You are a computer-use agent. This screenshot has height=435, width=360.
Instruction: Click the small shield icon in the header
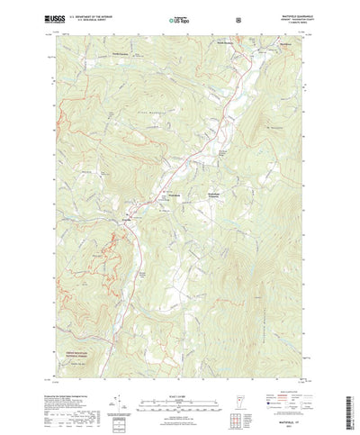237,18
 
